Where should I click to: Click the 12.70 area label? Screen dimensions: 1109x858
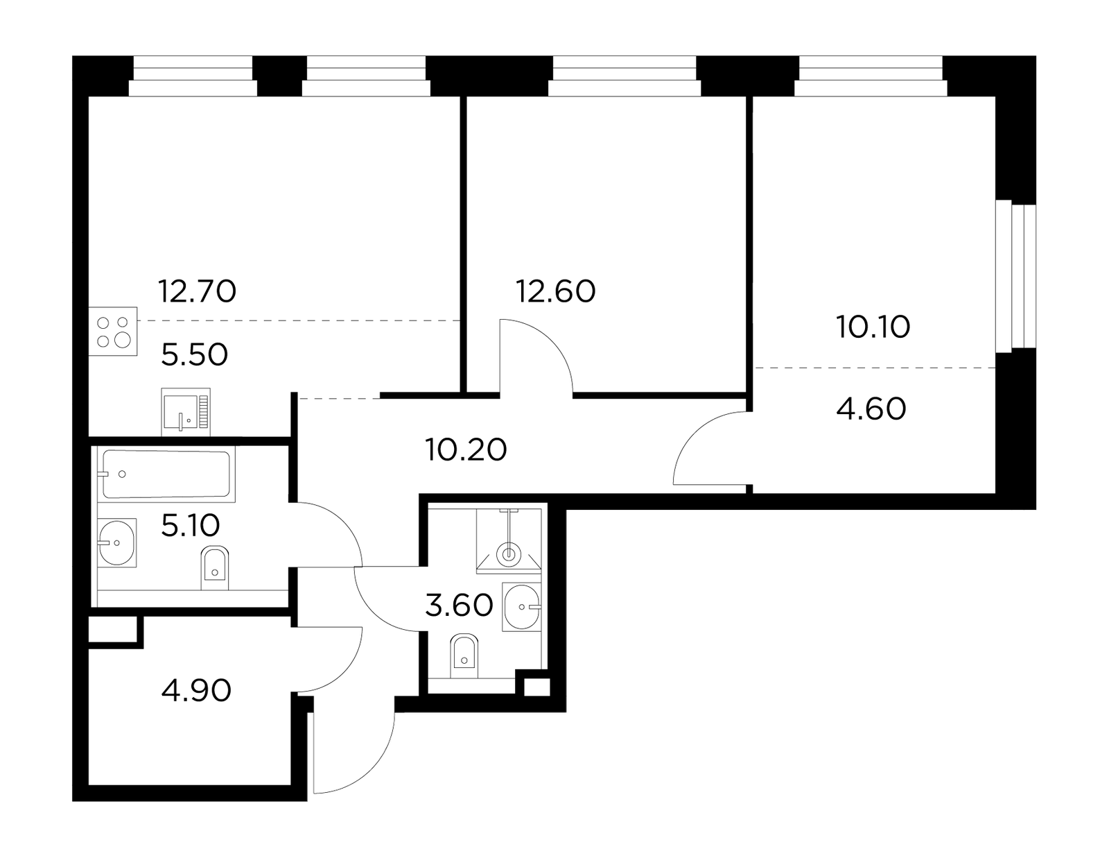coord(197,291)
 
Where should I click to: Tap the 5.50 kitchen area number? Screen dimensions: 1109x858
coord(195,355)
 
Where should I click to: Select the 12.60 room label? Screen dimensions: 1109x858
coord(556,291)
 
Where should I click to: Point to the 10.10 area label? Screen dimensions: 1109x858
coord(873,327)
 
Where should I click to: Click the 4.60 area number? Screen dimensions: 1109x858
coord(871,409)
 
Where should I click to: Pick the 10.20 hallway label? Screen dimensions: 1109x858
coord(466,450)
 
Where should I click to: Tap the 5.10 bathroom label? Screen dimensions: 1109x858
coord(191,526)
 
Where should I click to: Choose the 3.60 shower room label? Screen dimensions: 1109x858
coord(459,606)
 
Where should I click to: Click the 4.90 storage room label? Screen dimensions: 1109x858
coord(196,691)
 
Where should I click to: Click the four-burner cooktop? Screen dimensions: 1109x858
coord(113,332)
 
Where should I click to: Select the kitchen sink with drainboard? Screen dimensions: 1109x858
coord(186,412)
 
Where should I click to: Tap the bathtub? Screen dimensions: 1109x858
coord(166,474)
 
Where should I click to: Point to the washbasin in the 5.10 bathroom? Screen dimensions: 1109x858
coord(117,543)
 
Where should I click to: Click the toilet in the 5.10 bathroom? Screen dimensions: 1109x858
coord(215,568)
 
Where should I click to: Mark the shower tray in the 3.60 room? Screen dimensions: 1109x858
coord(509,541)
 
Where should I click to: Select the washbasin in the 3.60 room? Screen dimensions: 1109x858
coord(522,607)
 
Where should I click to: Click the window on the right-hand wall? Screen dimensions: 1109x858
coord(1015,276)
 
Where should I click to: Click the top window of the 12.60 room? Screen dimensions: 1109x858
coord(625,76)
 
